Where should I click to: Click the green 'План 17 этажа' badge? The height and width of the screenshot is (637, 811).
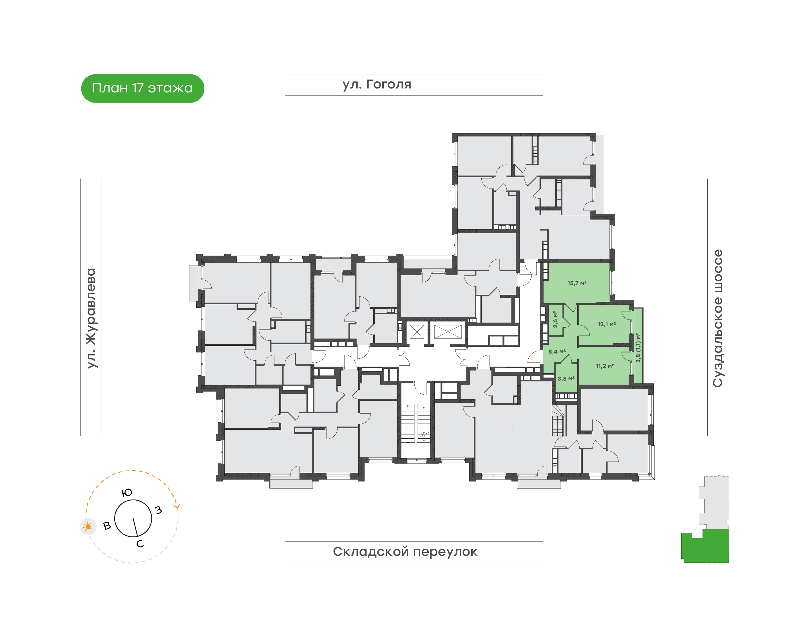(142, 88)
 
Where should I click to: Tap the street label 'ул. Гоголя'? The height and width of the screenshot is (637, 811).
(377, 85)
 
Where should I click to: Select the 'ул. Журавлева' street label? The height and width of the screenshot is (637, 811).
(91, 318)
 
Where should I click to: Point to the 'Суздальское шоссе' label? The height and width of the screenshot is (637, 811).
(718, 318)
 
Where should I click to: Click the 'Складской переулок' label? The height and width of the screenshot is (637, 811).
(405, 552)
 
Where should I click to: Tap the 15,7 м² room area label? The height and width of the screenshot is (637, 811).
(577, 283)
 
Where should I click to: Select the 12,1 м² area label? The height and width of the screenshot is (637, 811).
(607, 324)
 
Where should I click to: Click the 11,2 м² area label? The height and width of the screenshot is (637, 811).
(605, 366)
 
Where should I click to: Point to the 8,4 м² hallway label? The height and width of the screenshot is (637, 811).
(557, 351)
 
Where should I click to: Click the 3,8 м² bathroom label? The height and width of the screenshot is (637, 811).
(566, 379)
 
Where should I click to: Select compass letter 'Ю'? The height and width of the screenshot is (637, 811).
(127, 493)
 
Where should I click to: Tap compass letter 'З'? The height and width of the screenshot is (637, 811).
(158, 510)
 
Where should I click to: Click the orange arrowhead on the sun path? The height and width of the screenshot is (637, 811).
(177, 506)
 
